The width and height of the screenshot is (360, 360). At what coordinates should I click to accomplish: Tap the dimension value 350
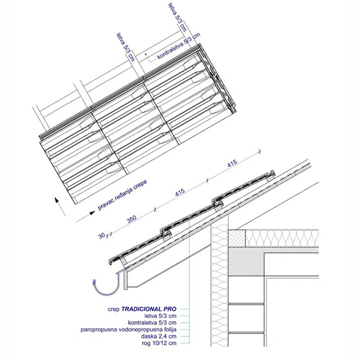pyautogui.click(x=131, y=218)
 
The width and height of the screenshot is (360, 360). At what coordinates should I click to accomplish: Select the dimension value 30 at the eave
pyautogui.click(x=101, y=235)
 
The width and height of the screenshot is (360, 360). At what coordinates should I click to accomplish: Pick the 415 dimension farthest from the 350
pyautogui.click(x=233, y=162)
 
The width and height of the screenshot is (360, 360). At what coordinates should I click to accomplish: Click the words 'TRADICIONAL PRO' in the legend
pyautogui.click(x=149, y=308)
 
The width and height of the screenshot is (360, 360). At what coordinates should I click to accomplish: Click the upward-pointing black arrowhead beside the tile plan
pyautogui.click(x=57, y=200)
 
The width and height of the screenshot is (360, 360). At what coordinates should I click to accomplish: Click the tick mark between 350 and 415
pyautogui.click(x=155, y=208)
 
